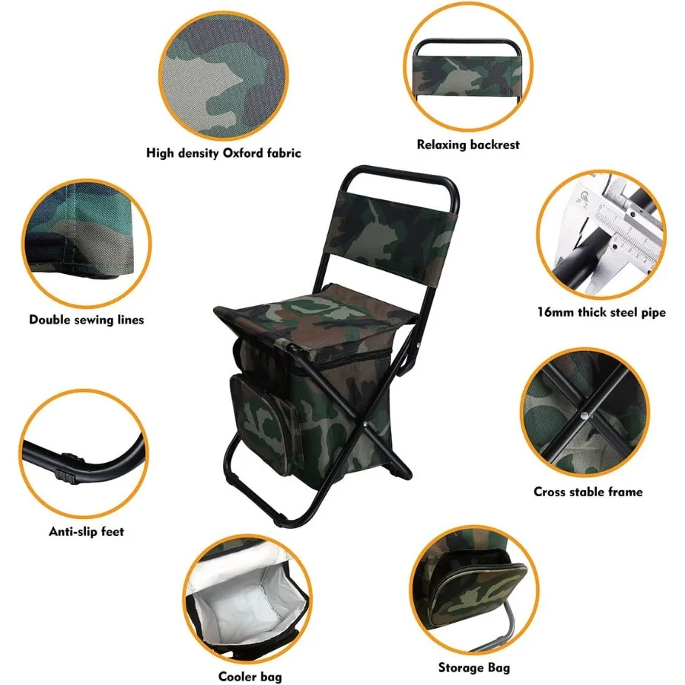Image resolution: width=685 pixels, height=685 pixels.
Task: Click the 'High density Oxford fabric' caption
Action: pos(223,153)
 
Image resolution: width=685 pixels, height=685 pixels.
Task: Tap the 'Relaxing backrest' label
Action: pos(468,144)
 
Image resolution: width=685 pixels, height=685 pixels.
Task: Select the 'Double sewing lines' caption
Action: pos(86,320)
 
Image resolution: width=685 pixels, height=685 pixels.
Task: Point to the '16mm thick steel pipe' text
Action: pos(601,312)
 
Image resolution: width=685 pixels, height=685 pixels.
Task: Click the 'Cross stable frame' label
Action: pos(588,492)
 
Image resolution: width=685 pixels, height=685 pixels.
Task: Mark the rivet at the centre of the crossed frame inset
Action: pos(583,415)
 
